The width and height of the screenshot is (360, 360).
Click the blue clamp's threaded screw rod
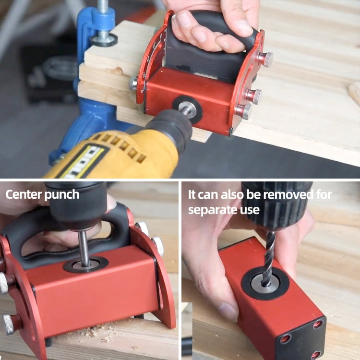[x=103, y=14]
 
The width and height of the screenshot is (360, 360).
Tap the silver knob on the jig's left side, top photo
[x=133, y=83]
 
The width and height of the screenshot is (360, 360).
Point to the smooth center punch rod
[x=84, y=248]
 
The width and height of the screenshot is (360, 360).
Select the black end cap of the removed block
[x=302, y=338]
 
